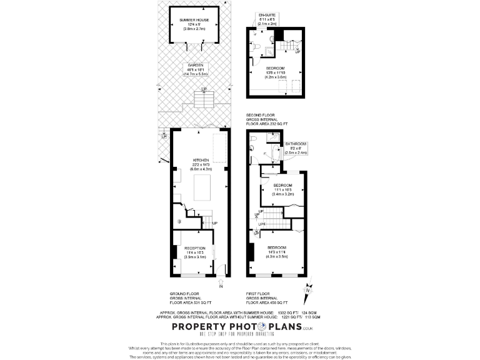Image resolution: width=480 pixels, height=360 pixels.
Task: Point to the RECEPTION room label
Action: (194, 248)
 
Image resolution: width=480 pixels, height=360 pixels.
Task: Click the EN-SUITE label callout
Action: (267, 14)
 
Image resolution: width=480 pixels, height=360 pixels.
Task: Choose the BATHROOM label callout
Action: (297, 143)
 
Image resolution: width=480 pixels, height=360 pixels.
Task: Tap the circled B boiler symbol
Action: (179, 221)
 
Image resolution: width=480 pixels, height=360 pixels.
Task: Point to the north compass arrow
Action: (307, 289)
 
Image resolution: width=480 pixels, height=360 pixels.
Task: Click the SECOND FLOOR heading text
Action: (261, 116)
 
